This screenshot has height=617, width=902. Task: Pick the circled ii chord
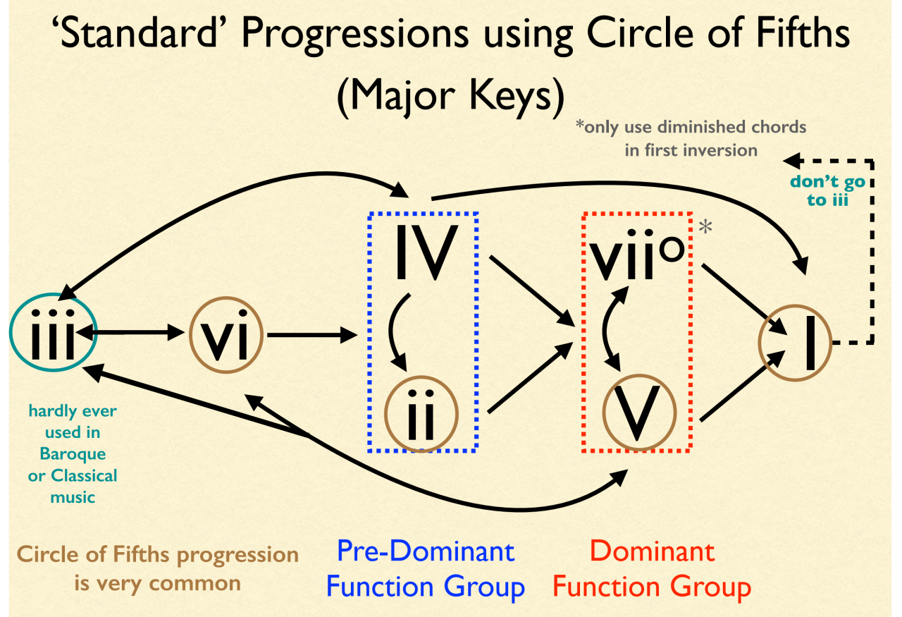point(421,413)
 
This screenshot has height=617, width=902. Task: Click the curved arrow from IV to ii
point(395,331)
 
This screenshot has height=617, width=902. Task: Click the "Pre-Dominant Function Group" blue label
point(426,568)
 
